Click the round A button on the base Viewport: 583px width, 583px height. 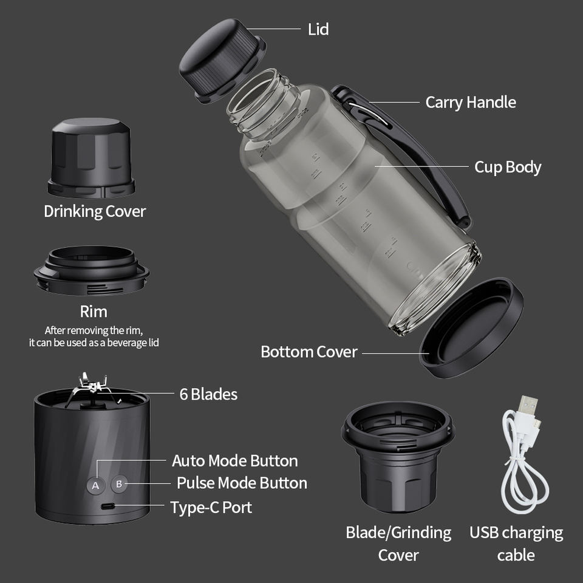(95, 485)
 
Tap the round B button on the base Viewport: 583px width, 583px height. (119, 484)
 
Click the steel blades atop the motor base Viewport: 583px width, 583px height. (90, 387)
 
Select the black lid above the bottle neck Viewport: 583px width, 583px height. (222, 60)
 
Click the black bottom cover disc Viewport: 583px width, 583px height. (471, 328)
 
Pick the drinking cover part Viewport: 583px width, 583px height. (91, 158)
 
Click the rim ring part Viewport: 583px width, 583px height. (92, 271)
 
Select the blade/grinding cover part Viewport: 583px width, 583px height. (398, 457)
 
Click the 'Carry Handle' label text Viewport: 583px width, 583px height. (470, 102)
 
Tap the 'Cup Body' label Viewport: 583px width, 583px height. (508, 168)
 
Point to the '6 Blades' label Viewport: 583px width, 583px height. (208, 394)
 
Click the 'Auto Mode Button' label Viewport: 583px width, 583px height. (234, 461)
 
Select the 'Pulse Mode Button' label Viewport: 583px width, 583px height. (242, 483)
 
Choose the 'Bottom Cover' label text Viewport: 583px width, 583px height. (309, 352)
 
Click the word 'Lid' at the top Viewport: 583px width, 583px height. (318, 29)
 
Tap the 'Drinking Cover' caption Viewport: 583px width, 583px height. (95, 211)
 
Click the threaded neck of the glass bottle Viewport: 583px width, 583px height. (262, 102)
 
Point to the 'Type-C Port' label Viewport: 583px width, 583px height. (211, 508)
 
